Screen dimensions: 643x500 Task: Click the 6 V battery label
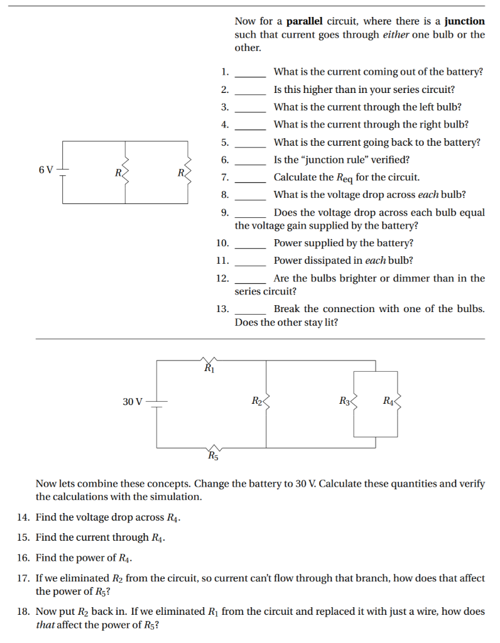(45, 170)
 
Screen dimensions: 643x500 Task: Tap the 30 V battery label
(133, 401)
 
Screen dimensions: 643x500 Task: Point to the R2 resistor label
(256, 401)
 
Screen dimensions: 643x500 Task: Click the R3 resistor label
(344, 401)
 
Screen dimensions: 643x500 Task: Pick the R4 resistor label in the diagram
(388, 401)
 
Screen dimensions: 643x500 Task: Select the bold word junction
(465, 21)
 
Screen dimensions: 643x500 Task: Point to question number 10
(222, 243)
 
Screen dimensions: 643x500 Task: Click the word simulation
(178, 497)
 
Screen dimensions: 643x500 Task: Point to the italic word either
(396, 35)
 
